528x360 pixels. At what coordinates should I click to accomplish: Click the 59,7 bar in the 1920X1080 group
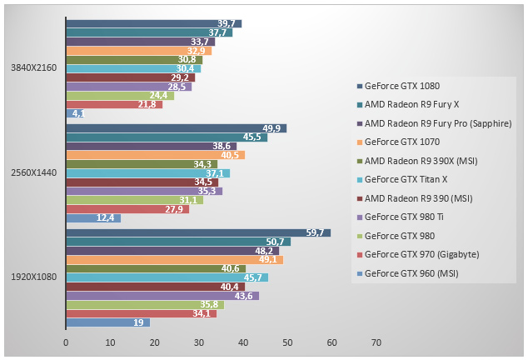click(x=198, y=232)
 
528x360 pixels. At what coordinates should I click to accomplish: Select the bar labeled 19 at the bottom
click(x=107, y=322)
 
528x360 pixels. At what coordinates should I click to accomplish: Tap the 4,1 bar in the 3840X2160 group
click(x=74, y=113)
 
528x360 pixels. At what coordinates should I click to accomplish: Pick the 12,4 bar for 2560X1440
click(x=92, y=218)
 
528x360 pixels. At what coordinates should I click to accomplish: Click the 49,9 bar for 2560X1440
click(x=176, y=128)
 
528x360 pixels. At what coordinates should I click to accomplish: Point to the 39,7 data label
click(x=224, y=24)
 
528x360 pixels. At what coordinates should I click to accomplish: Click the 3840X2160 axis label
click(x=33, y=67)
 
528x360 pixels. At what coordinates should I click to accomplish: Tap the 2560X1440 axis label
click(x=33, y=172)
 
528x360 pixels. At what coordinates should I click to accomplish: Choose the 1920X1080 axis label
click(x=33, y=277)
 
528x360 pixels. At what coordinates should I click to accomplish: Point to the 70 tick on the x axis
click(x=376, y=342)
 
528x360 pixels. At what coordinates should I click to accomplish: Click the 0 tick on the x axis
click(x=66, y=342)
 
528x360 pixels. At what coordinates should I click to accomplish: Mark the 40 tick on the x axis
click(x=243, y=342)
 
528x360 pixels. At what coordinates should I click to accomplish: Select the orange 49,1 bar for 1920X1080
click(x=174, y=260)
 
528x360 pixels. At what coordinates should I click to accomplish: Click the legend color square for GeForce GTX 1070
click(x=359, y=142)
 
